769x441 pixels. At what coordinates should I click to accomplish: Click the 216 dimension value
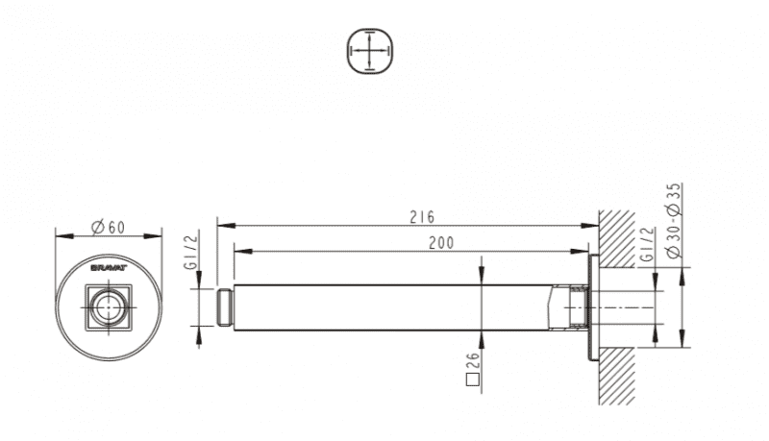pyautogui.click(x=422, y=217)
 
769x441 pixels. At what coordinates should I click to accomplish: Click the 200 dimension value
pyautogui.click(x=441, y=243)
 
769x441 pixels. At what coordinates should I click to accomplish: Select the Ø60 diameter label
pyautogui.click(x=109, y=228)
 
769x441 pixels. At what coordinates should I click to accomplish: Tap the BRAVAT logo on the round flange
pyautogui.click(x=109, y=268)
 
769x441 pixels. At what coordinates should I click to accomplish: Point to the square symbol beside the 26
pyautogui.click(x=472, y=380)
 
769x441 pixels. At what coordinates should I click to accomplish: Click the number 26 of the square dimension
pyautogui.click(x=473, y=361)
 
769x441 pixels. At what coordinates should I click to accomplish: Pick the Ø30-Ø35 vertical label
pyautogui.click(x=675, y=220)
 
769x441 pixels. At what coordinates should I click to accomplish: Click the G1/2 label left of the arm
pyautogui.click(x=190, y=252)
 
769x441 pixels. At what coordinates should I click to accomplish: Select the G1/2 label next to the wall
pyautogui.click(x=647, y=244)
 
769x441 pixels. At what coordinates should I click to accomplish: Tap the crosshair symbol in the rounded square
pyautogui.click(x=370, y=51)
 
